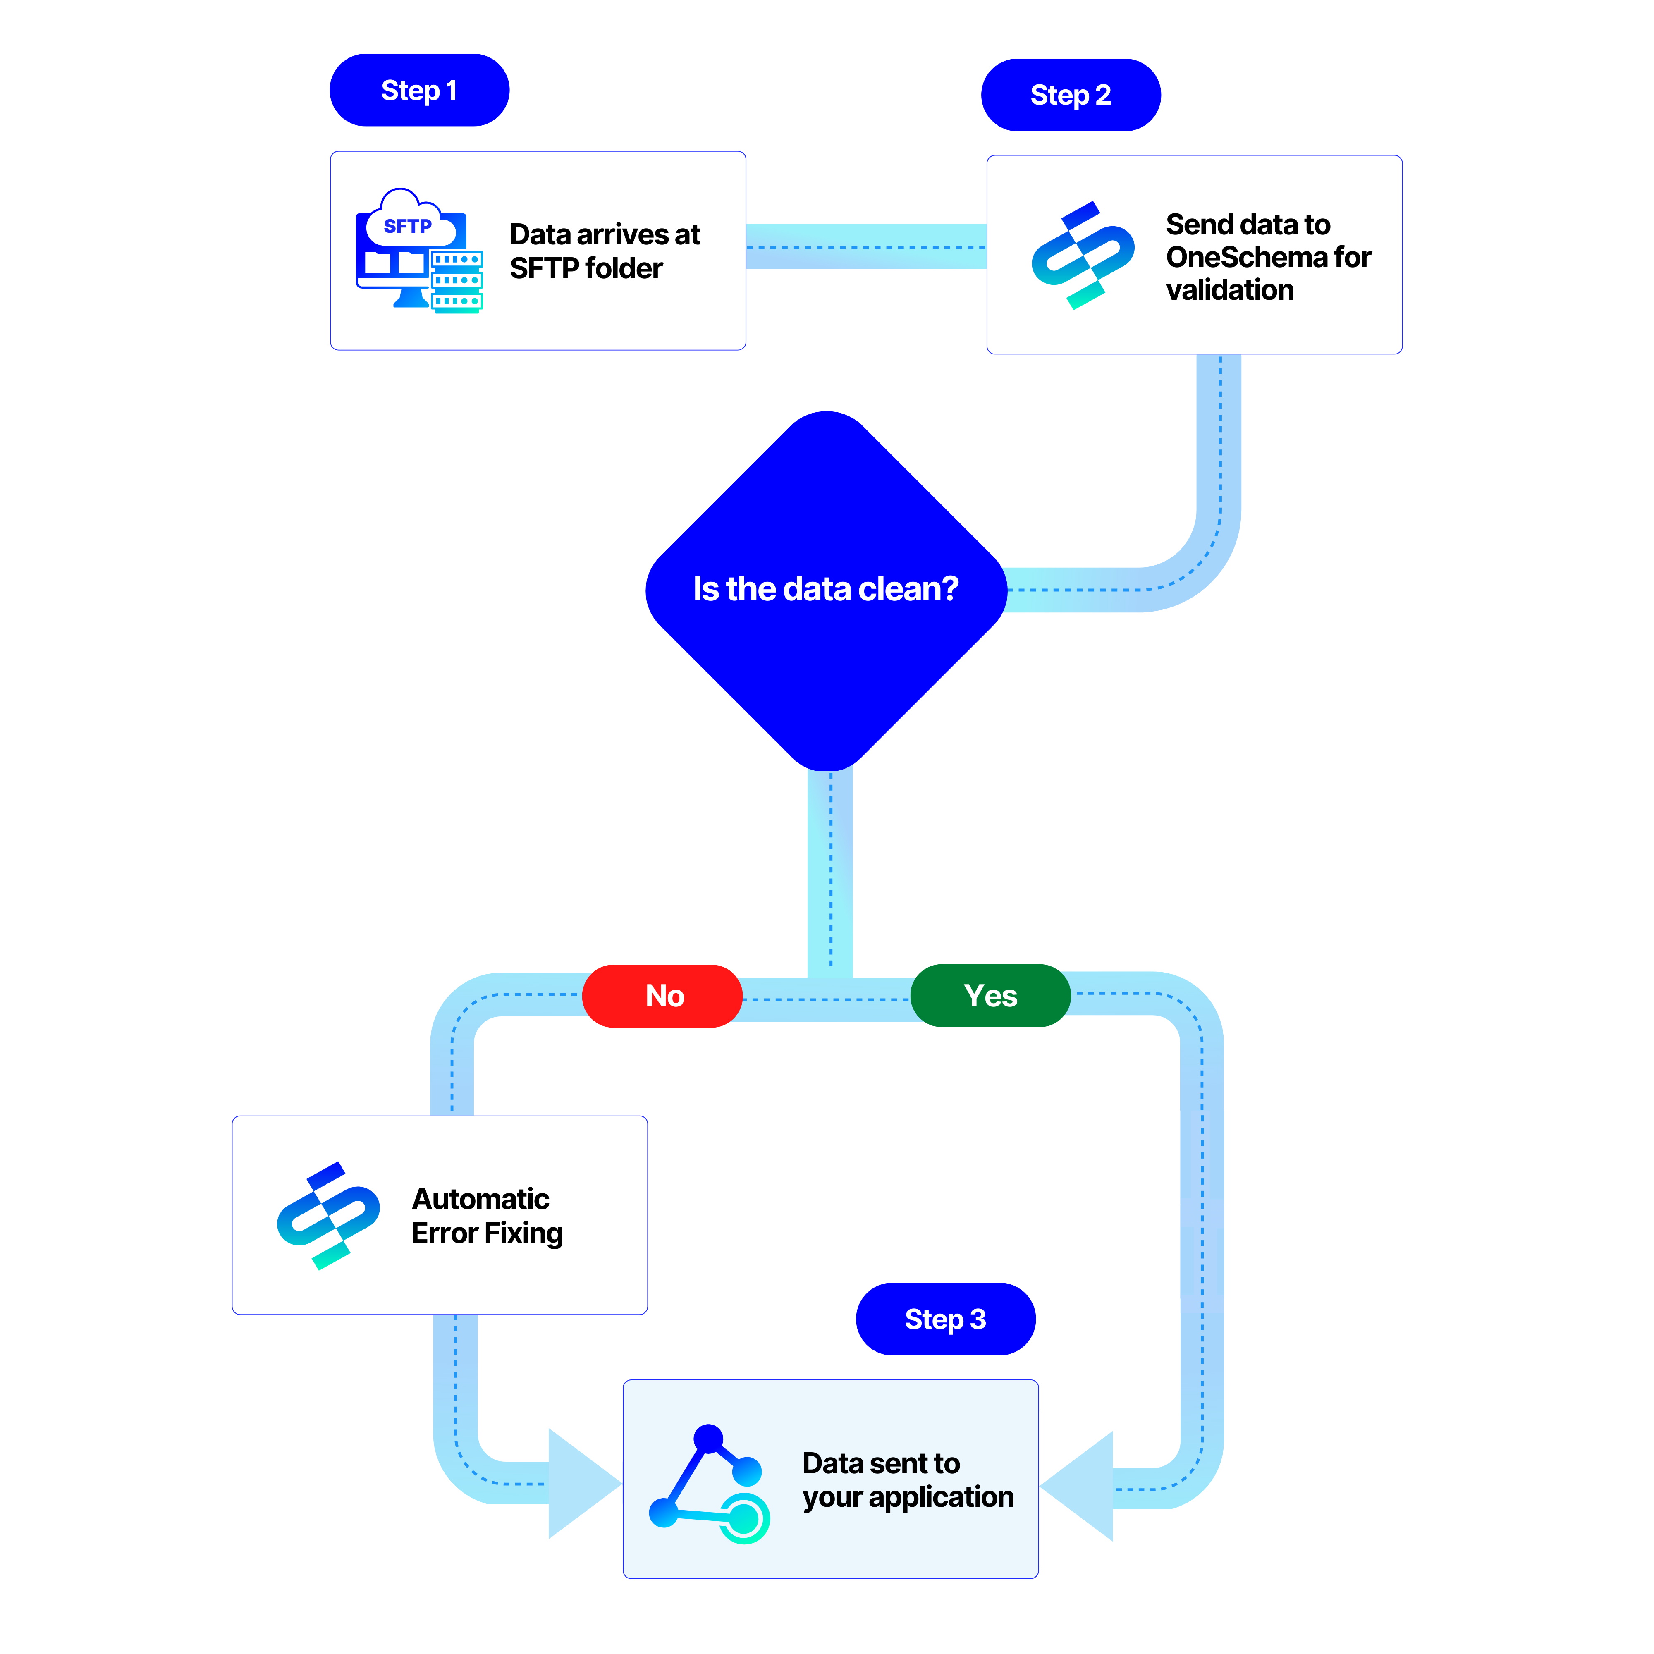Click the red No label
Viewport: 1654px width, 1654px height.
(662, 996)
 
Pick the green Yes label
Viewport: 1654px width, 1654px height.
(990, 996)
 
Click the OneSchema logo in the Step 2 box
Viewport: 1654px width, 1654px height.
(1083, 255)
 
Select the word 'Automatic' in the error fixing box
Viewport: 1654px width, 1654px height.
(480, 1199)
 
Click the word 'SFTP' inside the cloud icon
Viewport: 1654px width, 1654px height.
(408, 226)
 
